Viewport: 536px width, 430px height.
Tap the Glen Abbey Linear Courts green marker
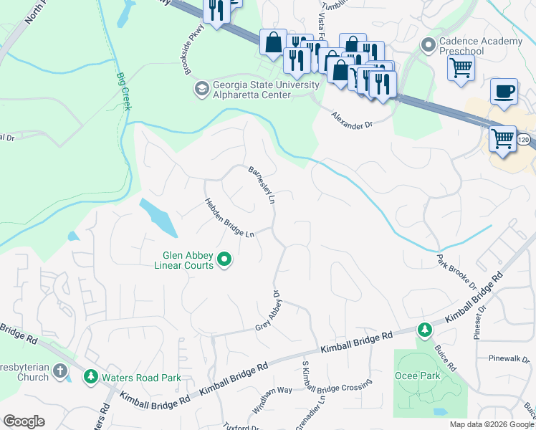(224, 259)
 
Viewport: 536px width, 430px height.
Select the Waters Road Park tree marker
(91, 376)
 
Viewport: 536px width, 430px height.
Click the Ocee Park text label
(417, 376)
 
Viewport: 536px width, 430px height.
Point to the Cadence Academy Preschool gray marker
(429, 46)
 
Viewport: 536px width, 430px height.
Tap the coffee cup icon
(504, 92)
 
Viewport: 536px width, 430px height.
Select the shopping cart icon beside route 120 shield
(502, 138)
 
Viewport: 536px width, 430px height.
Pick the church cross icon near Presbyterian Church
(59, 372)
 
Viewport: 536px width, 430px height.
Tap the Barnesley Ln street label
(262, 186)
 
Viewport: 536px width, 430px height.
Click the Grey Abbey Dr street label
(269, 312)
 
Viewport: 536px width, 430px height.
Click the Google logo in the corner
(24, 421)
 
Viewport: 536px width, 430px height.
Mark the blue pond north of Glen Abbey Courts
(158, 216)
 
